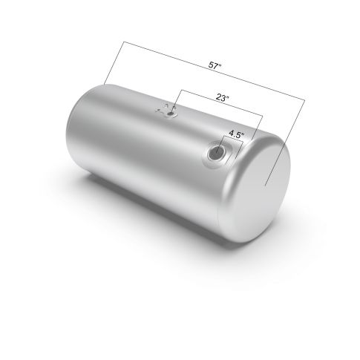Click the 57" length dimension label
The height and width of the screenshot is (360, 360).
[x=215, y=65]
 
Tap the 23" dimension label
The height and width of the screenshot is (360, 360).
[x=222, y=98]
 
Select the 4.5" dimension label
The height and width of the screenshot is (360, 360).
[x=237, y=134]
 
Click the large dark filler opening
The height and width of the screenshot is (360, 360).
[x=217, y=152]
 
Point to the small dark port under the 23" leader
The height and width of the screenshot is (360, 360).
[x=171, y=114]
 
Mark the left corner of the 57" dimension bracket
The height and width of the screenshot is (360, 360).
[x=124, y=42]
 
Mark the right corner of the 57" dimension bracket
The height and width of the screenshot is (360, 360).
[x=305, y=99]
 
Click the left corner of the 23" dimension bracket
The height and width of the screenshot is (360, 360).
[x=181, y=90]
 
